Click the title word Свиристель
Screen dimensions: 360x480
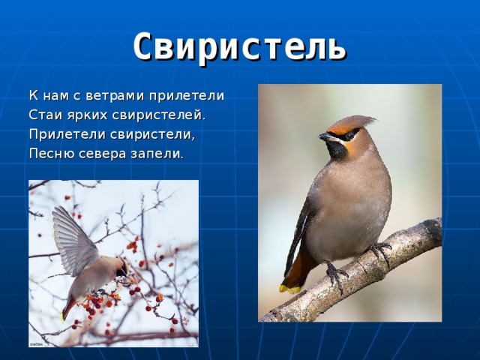[239, 46]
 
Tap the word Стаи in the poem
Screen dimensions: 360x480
[43, 115]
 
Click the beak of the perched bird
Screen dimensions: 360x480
[324, 137]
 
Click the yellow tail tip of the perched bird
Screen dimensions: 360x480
[286, 287]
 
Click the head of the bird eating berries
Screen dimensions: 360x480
[119, 266]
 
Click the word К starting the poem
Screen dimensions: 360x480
[33, 96]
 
